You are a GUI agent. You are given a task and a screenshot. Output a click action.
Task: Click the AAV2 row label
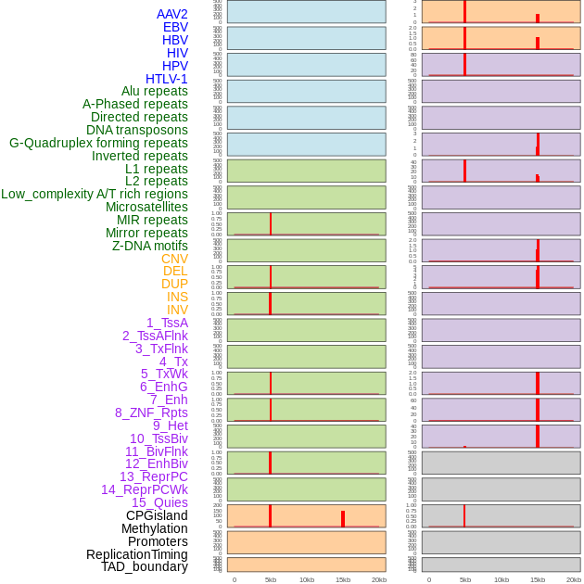coord(171,14)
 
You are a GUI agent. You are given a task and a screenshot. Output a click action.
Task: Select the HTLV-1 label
coord(166,79)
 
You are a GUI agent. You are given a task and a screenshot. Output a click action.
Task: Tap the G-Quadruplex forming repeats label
coord(98,143)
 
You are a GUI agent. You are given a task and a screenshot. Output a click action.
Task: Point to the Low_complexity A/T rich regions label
coord(95,194)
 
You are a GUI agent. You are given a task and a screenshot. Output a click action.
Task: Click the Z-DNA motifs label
coord(149,246)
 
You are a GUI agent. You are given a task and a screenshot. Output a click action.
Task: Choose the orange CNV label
coord(174,259)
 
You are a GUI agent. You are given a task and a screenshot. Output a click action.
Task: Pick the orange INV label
coord(177,310)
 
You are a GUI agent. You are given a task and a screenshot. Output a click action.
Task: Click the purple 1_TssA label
coord(167,323)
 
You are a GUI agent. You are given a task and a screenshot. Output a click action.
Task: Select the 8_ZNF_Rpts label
coord(151,413)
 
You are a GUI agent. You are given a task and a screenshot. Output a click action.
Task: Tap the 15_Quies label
coord(159,502)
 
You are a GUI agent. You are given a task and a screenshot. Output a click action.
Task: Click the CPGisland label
coord(157,515)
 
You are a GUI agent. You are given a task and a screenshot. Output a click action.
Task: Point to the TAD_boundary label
coord(144,566)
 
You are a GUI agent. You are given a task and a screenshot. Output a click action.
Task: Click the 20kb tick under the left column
coord(379,579)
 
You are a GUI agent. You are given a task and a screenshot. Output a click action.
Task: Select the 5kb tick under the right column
coord(464,579)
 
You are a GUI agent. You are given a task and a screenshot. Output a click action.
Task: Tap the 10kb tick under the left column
coord(307,579)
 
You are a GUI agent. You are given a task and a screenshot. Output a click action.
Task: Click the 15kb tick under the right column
coord(538,579)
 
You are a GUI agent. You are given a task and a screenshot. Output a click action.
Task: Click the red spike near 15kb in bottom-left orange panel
coord(342,519)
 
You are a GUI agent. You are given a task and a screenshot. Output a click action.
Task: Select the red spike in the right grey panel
coord(464,515)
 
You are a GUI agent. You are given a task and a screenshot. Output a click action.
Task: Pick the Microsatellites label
coord(146,207)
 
